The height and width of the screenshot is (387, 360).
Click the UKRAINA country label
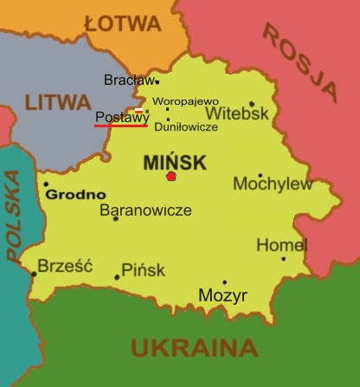point(195,348)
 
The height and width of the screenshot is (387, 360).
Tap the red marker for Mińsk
point(171,177)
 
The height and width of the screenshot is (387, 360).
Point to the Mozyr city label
point(222,296)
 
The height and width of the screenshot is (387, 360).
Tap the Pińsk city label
point(143,270)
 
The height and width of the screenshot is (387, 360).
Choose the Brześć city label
point(65,266)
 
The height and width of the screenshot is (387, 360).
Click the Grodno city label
point(76,195)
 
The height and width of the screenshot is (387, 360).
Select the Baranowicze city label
point(145,210)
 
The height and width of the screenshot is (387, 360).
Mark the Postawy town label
point(121,117)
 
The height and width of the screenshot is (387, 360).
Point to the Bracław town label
point(128,81)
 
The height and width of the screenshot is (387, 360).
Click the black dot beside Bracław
point(157,82)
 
